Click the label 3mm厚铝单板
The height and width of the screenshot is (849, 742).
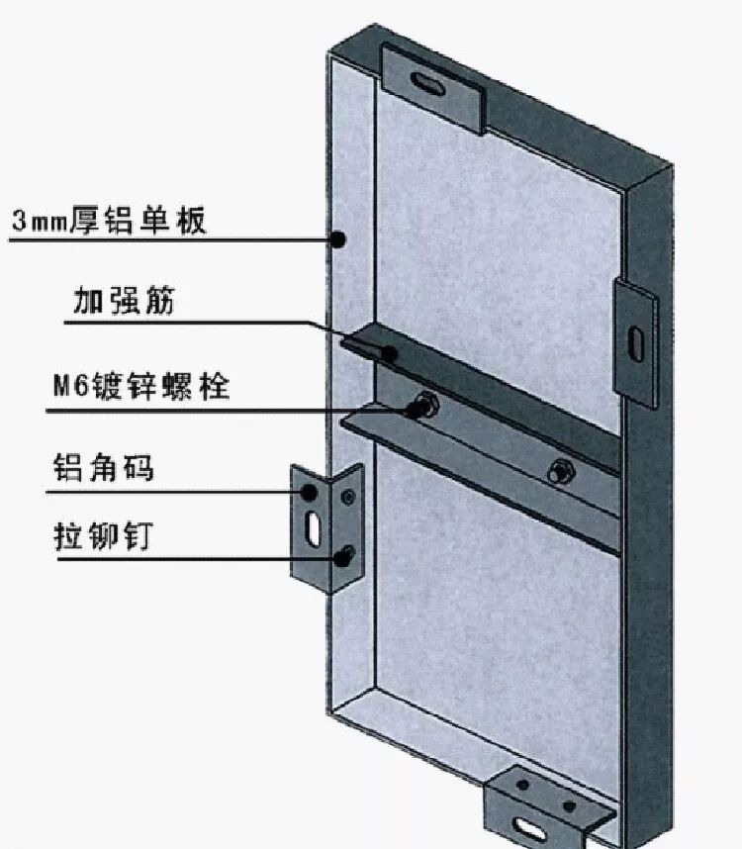click(109, 220)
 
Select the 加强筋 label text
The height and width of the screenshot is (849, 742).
click(123, 301)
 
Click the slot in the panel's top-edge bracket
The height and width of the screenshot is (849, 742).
click(432, 78)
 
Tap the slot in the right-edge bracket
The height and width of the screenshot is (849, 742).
click(636, 340)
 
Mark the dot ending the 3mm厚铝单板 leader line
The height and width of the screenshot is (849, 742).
click(337, 238)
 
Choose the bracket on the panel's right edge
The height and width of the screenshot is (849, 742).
click(636, 341)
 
